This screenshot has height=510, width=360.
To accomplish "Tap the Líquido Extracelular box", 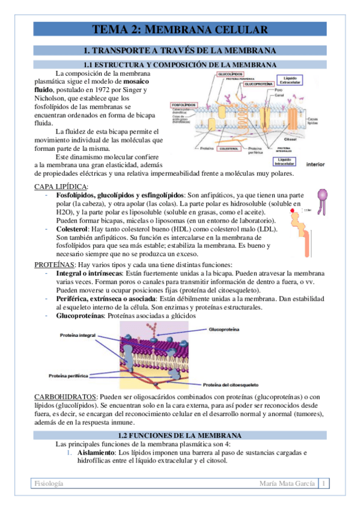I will point(291,81).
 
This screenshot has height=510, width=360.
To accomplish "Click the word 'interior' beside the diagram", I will point(316,164).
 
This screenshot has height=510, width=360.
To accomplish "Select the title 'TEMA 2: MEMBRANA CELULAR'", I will point(180,29).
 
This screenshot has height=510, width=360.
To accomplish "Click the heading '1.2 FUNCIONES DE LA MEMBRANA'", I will point(180,435).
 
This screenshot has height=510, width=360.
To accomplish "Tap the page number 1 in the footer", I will point(324,484).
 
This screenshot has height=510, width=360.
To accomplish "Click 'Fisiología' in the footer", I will point(50,484).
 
